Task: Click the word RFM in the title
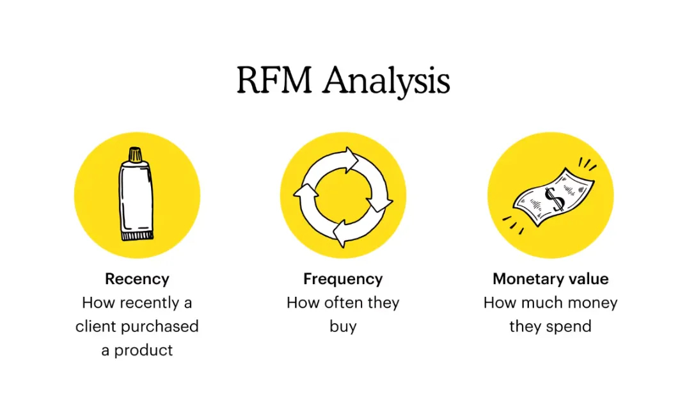click(x=274, y=80)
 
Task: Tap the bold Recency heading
click(x=137, y=280)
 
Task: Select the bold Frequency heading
click(x=343, y=280)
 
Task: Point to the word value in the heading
click(x=583, y=279)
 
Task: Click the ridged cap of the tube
click(x=135, y=155)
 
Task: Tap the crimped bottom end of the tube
click(x=138, y=236)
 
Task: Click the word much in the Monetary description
click(x=546, y=303)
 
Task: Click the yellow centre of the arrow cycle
click(x=343, y=196)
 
